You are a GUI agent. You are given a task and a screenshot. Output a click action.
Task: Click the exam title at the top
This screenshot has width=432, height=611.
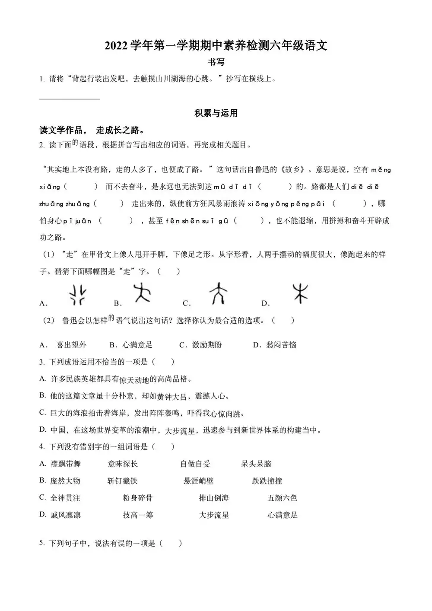(x=216, y=46)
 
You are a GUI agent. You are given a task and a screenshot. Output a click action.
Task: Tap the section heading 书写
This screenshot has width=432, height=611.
(x=216, y=62)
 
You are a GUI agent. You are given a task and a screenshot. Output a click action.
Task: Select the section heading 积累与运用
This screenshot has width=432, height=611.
(x=216, y=114)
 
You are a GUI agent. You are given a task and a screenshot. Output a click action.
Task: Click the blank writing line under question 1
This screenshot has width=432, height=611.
(x=70, y=99)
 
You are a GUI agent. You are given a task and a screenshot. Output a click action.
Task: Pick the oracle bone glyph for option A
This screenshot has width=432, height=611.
(x=78, y=295)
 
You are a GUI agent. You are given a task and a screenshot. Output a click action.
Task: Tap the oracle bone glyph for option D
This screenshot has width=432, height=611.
(x=300, y=293)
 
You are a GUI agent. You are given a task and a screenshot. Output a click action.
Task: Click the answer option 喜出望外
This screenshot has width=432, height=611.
(x=71, y=345)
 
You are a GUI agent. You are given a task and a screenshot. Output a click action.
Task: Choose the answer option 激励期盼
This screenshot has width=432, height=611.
(x=207, y=345)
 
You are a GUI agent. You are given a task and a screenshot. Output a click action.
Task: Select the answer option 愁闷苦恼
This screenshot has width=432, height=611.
(x=281, y=345)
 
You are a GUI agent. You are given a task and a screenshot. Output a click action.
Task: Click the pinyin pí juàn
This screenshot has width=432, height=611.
(x=77, y=221)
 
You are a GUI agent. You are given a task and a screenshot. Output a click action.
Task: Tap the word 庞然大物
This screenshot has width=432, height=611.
(x=65, y=481)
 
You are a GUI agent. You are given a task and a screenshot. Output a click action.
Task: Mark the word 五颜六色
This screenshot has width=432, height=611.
(x=282, y=498)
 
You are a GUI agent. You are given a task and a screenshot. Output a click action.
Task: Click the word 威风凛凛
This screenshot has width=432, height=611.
(x=65, y=515)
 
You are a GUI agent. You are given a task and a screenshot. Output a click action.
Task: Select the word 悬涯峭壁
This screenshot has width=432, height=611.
(x=198, y=481)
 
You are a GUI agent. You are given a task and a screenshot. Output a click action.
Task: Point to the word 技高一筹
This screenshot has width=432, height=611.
(x=138, y=515)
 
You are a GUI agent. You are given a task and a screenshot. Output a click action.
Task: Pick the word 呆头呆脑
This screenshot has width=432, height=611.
(x=256, y=464)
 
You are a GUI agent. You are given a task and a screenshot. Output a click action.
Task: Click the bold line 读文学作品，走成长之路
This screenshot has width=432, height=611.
(x=92, y=130)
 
